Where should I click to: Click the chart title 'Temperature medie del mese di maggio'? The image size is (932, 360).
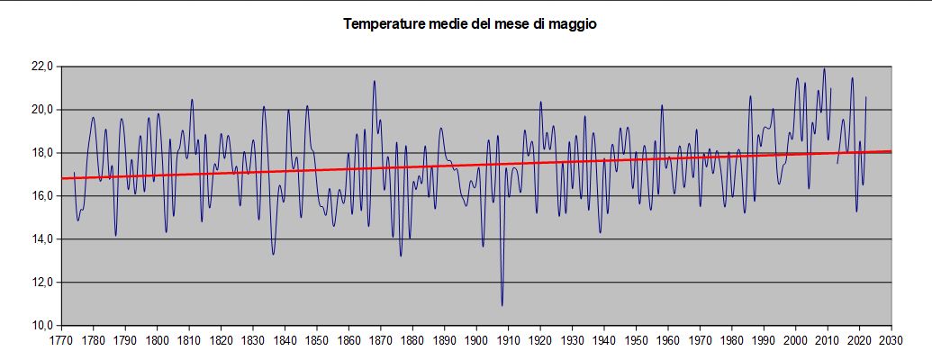point(469,24)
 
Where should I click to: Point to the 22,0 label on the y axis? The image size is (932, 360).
point(43,67)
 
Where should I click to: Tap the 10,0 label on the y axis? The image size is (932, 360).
point(43,325)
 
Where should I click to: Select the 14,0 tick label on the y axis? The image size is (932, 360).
point(43,239)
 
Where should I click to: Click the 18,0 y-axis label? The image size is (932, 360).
point(43,153)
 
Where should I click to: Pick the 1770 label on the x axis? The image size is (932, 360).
point(61,342)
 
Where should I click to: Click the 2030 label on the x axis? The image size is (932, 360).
point(891,342)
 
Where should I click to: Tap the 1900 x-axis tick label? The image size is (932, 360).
point(476,342)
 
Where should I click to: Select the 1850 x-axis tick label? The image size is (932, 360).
point(317,342)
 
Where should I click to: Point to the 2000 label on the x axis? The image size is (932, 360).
point(796,342)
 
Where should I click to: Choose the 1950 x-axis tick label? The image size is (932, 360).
point(636,342)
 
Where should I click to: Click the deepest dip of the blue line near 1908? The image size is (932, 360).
point(502,305)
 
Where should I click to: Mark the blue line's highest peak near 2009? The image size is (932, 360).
point(824,69)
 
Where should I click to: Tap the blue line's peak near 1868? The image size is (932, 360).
point(374,82)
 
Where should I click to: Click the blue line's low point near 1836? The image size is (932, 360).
point(273,254)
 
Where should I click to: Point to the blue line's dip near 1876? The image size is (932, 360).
point(401,256)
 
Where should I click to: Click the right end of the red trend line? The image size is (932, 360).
point(891,151)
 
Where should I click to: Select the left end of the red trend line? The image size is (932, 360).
point(62,178)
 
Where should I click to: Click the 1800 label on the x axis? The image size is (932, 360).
point(157,342)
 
